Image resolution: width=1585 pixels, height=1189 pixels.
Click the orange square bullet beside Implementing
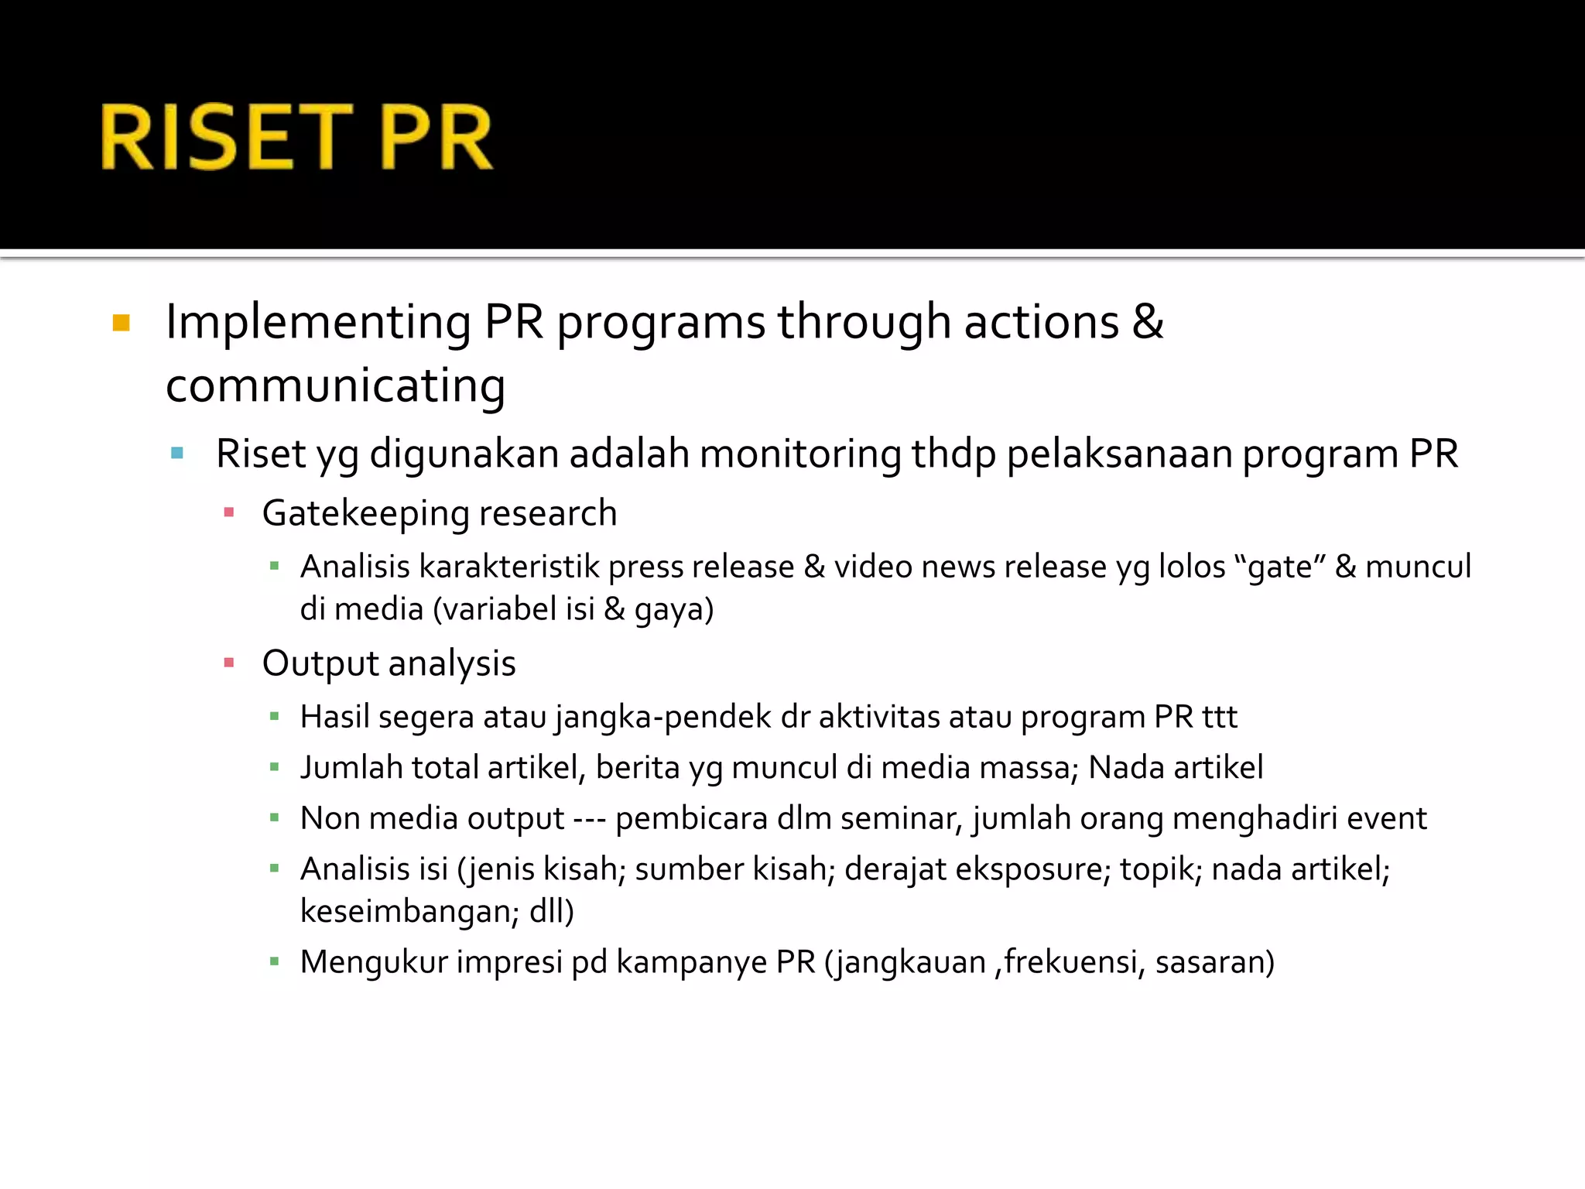click(122, 323)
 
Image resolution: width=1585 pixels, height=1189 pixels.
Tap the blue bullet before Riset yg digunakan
click(177, 454)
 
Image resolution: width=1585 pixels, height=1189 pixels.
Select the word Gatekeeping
click(365, 514)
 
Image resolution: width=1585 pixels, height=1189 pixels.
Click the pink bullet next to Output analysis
click(229, 663)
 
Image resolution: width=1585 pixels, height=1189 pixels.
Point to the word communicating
click(335, 385)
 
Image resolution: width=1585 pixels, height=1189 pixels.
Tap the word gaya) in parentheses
click(673, 610)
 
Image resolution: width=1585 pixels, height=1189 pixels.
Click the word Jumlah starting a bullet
click(351, 768)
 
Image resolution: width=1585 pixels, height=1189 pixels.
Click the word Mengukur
click(373, 962)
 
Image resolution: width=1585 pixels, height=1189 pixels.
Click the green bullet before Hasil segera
click(275, 717)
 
